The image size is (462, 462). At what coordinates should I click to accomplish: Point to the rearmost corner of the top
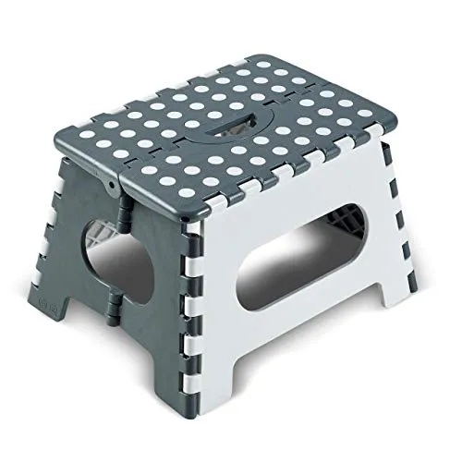tap(242, 58)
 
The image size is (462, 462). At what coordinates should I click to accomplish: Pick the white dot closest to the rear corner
tap(242, 70)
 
